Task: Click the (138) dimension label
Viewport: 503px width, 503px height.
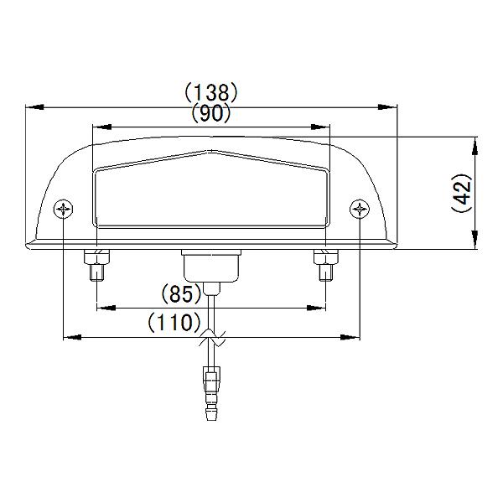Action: point(212,91)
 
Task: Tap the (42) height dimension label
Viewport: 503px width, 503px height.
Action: point(461,194)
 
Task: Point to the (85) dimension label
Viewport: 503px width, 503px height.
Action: point(179,294)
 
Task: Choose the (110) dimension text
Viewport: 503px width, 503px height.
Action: point(174,321)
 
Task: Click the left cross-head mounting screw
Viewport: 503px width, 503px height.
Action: point(65,208)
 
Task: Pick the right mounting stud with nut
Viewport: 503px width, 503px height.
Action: point(324,267)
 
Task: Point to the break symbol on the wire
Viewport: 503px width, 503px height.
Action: point(211,340)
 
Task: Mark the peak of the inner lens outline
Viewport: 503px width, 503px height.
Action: point(211,153)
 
